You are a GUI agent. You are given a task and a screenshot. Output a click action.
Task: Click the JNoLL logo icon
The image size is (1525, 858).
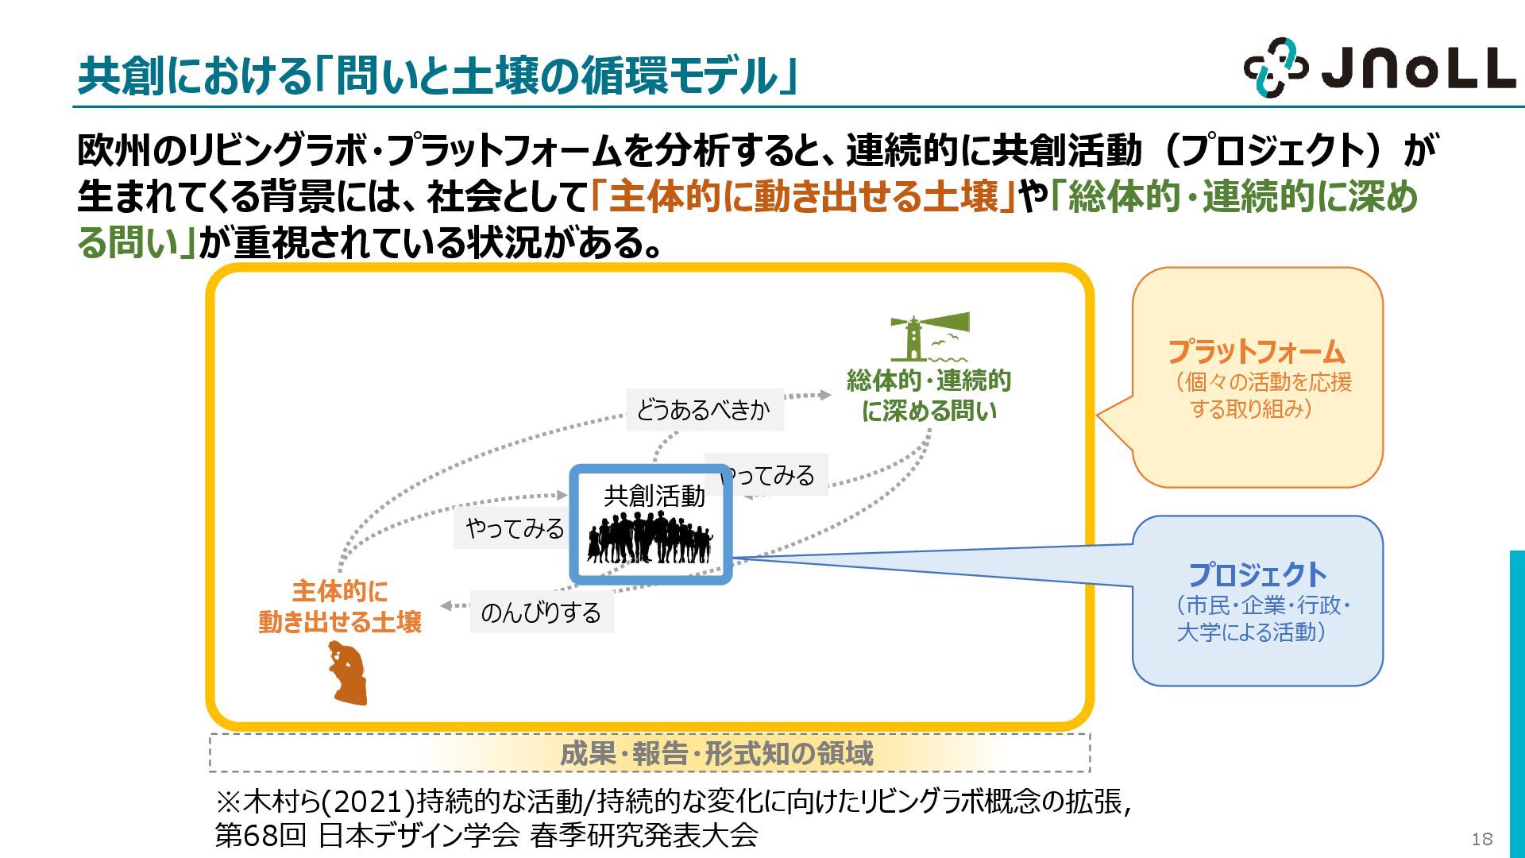(1276, 68)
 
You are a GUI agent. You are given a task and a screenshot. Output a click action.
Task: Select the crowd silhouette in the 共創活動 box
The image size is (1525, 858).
(650, 538)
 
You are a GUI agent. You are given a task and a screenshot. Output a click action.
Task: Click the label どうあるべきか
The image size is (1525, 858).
(704, 410)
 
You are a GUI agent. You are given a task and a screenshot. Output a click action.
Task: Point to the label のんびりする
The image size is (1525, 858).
(542, 613)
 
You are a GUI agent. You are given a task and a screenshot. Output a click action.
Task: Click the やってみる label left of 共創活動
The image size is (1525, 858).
(515, 528)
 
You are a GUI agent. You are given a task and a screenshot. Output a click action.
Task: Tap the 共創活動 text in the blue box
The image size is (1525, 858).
(654, 496)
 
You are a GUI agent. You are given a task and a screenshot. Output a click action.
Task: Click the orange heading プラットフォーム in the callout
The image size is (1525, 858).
(1256, 351)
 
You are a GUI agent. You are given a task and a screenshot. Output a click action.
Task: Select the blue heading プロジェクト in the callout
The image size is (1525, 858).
(1257, 574)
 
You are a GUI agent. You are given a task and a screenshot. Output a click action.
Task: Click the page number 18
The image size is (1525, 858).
(1481, 839)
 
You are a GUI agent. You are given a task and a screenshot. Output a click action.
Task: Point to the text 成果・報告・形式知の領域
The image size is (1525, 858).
(716, 753)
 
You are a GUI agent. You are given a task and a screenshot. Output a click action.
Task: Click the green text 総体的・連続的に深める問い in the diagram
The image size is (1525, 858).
(929, 396)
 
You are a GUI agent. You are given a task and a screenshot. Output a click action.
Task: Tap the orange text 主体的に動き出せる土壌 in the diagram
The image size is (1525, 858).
(340, 606)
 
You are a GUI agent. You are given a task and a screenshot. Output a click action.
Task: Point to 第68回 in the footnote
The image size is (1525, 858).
(261, 836)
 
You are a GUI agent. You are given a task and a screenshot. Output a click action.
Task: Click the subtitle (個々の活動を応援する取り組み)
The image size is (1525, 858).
(1262, 395)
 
